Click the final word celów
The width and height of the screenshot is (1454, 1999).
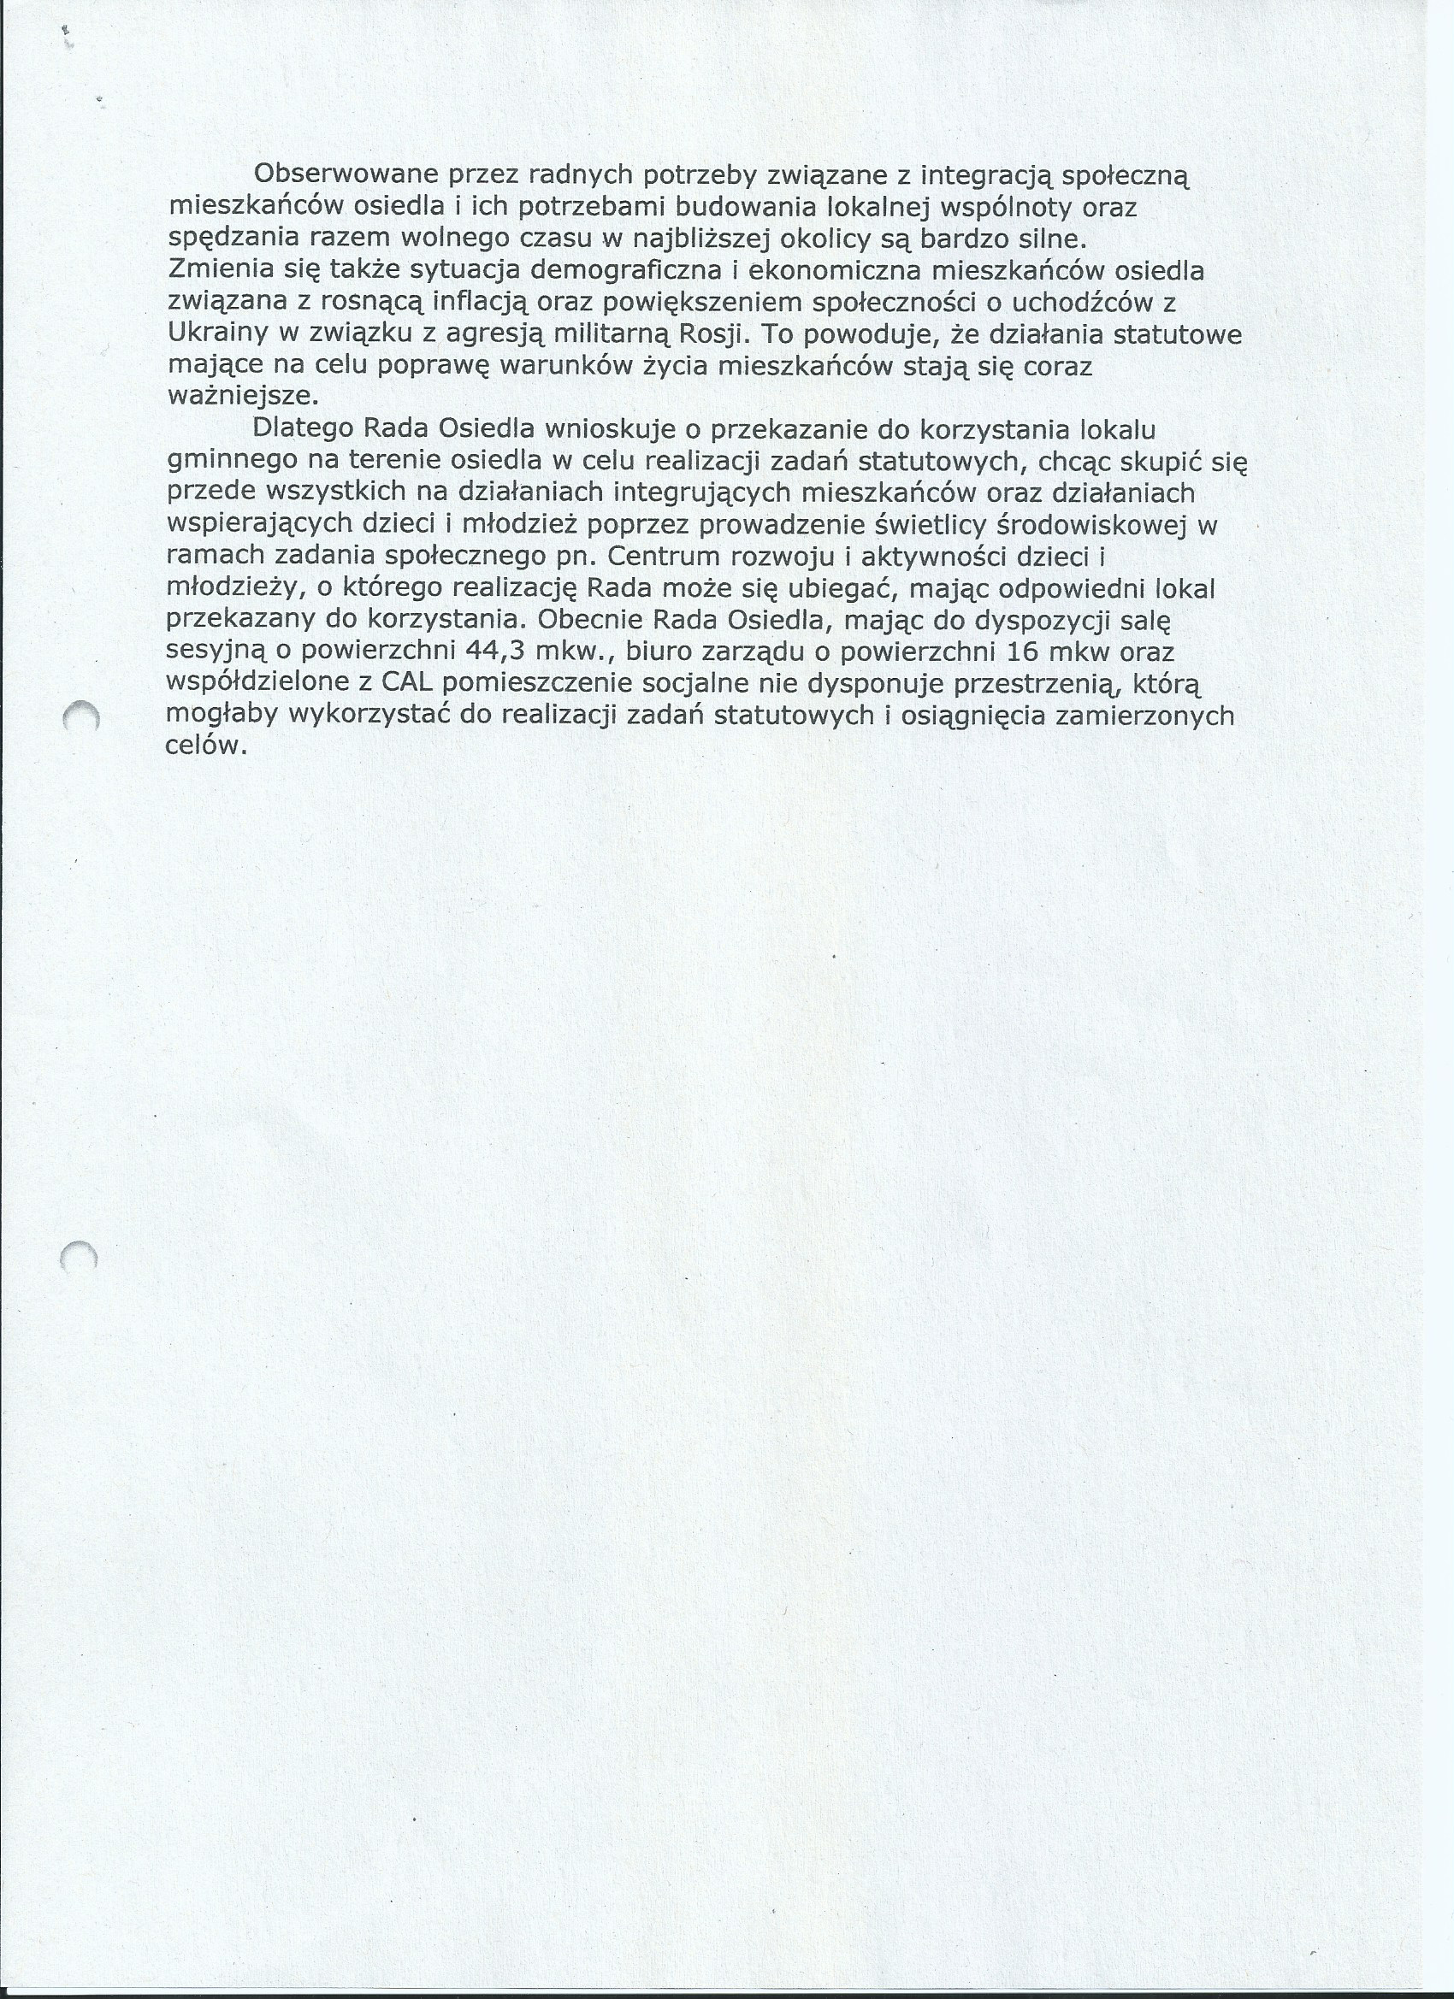(203, 746)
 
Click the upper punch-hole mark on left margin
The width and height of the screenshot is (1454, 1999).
(81, 716)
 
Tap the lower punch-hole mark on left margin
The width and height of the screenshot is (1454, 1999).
(79, 1255)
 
